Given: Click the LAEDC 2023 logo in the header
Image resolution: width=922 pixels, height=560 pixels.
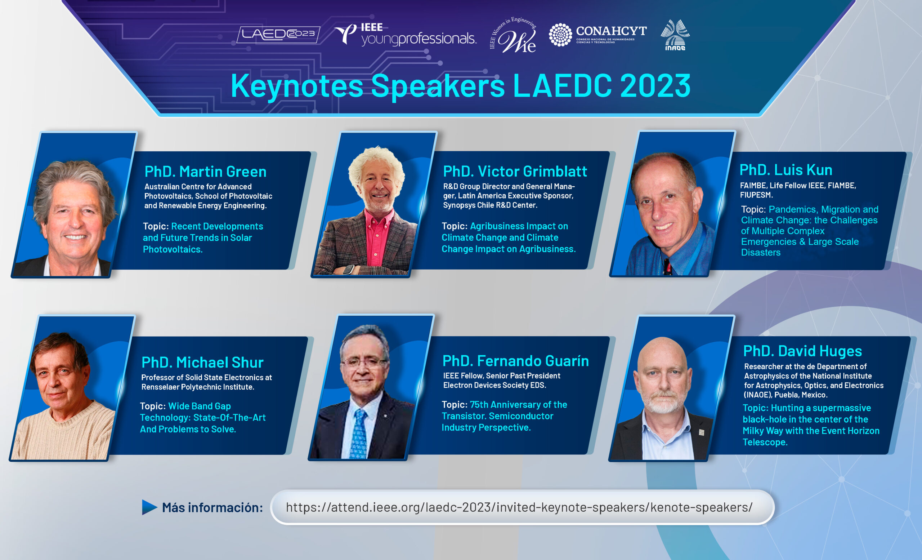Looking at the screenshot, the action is (278, 35).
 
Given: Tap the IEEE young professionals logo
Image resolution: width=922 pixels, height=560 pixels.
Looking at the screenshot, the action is (405, 35).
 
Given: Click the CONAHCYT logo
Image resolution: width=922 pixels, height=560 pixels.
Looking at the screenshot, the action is (597, 35).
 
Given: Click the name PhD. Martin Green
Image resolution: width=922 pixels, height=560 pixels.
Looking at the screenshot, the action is (205, 172).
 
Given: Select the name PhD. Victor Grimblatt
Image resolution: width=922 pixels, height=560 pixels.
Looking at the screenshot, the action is (515, 172).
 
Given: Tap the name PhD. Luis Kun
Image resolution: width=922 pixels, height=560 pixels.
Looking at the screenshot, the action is (786, 170).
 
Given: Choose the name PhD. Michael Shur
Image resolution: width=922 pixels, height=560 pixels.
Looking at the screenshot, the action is (202, 363).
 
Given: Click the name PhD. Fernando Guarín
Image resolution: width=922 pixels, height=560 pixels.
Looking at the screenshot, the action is (516, 361).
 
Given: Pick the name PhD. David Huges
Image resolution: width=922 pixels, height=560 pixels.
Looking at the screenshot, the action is (803, 351).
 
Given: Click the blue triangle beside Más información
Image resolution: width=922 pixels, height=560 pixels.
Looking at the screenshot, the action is (149, 507).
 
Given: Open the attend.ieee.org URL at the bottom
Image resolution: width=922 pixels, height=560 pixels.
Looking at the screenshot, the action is (519, 507).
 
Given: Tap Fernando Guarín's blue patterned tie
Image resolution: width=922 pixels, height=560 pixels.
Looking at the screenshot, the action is (359, 434).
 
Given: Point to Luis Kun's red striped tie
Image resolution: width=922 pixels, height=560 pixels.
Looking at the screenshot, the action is (667, 267).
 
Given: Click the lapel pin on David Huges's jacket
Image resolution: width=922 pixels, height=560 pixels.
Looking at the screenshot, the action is (702, 432).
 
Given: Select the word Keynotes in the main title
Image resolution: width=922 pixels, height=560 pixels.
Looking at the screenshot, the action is (297, 86).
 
